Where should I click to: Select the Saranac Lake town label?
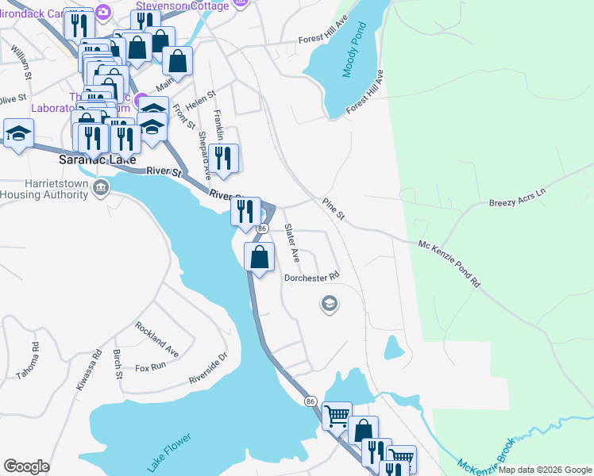[94, 159]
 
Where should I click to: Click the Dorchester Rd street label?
[312, 277]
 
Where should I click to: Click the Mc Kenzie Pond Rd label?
[449, 262]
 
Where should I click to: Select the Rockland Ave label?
[156, 339]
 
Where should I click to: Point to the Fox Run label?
[150, 367]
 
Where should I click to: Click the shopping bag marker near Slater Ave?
[259, 257]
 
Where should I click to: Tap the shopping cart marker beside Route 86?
[337, 414]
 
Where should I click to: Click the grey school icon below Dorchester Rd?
[329, 303]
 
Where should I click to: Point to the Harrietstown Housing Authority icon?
[101, 188]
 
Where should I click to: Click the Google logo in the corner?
[27, 466]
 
